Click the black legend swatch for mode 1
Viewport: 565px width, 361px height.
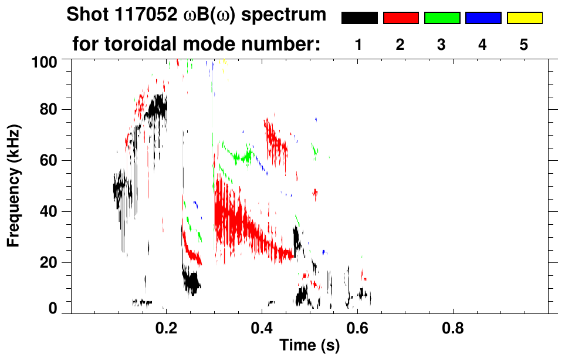coord(359,18)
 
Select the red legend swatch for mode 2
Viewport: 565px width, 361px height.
coord(401,18)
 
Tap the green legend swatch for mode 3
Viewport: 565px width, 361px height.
coord(442,18)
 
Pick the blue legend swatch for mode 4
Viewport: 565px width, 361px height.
coord(483,18)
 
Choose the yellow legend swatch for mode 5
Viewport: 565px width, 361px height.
coord(525,18)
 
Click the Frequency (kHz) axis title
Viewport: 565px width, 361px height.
coord(14,185)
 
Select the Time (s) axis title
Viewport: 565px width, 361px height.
coord(309,346)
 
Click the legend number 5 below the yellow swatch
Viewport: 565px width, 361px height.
coord(524,45)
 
